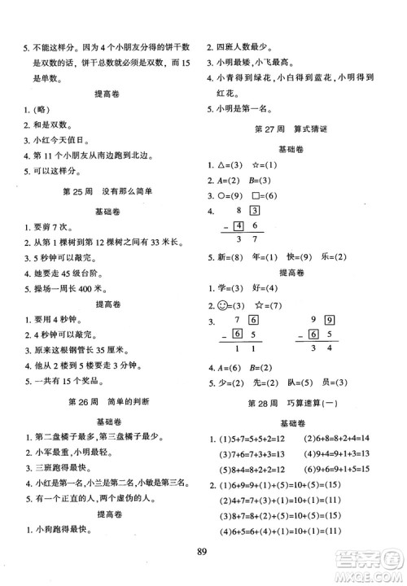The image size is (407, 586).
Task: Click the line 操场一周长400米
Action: coord(70,310)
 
